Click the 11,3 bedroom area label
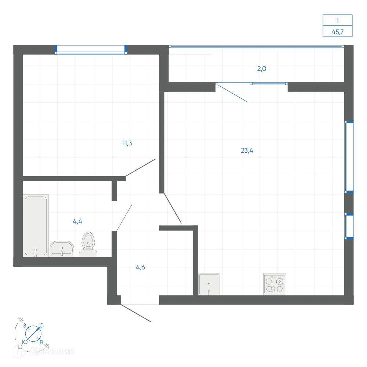(127, 143)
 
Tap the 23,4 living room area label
(247, 150)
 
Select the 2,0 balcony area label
(262, 69)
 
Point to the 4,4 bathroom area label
(77, 221)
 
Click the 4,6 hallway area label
(141, 267)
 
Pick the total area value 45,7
(338, 32)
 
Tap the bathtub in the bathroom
(36, 226)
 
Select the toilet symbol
(88, 244)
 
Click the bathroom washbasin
(62, 249)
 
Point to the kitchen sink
(209, 284)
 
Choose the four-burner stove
(275, 284)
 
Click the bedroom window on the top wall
(91, 50)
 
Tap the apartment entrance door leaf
(136, 313)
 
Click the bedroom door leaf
(141, 168)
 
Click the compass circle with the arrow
(33, 334)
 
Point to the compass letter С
(41, 326)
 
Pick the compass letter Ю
(25, 342)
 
